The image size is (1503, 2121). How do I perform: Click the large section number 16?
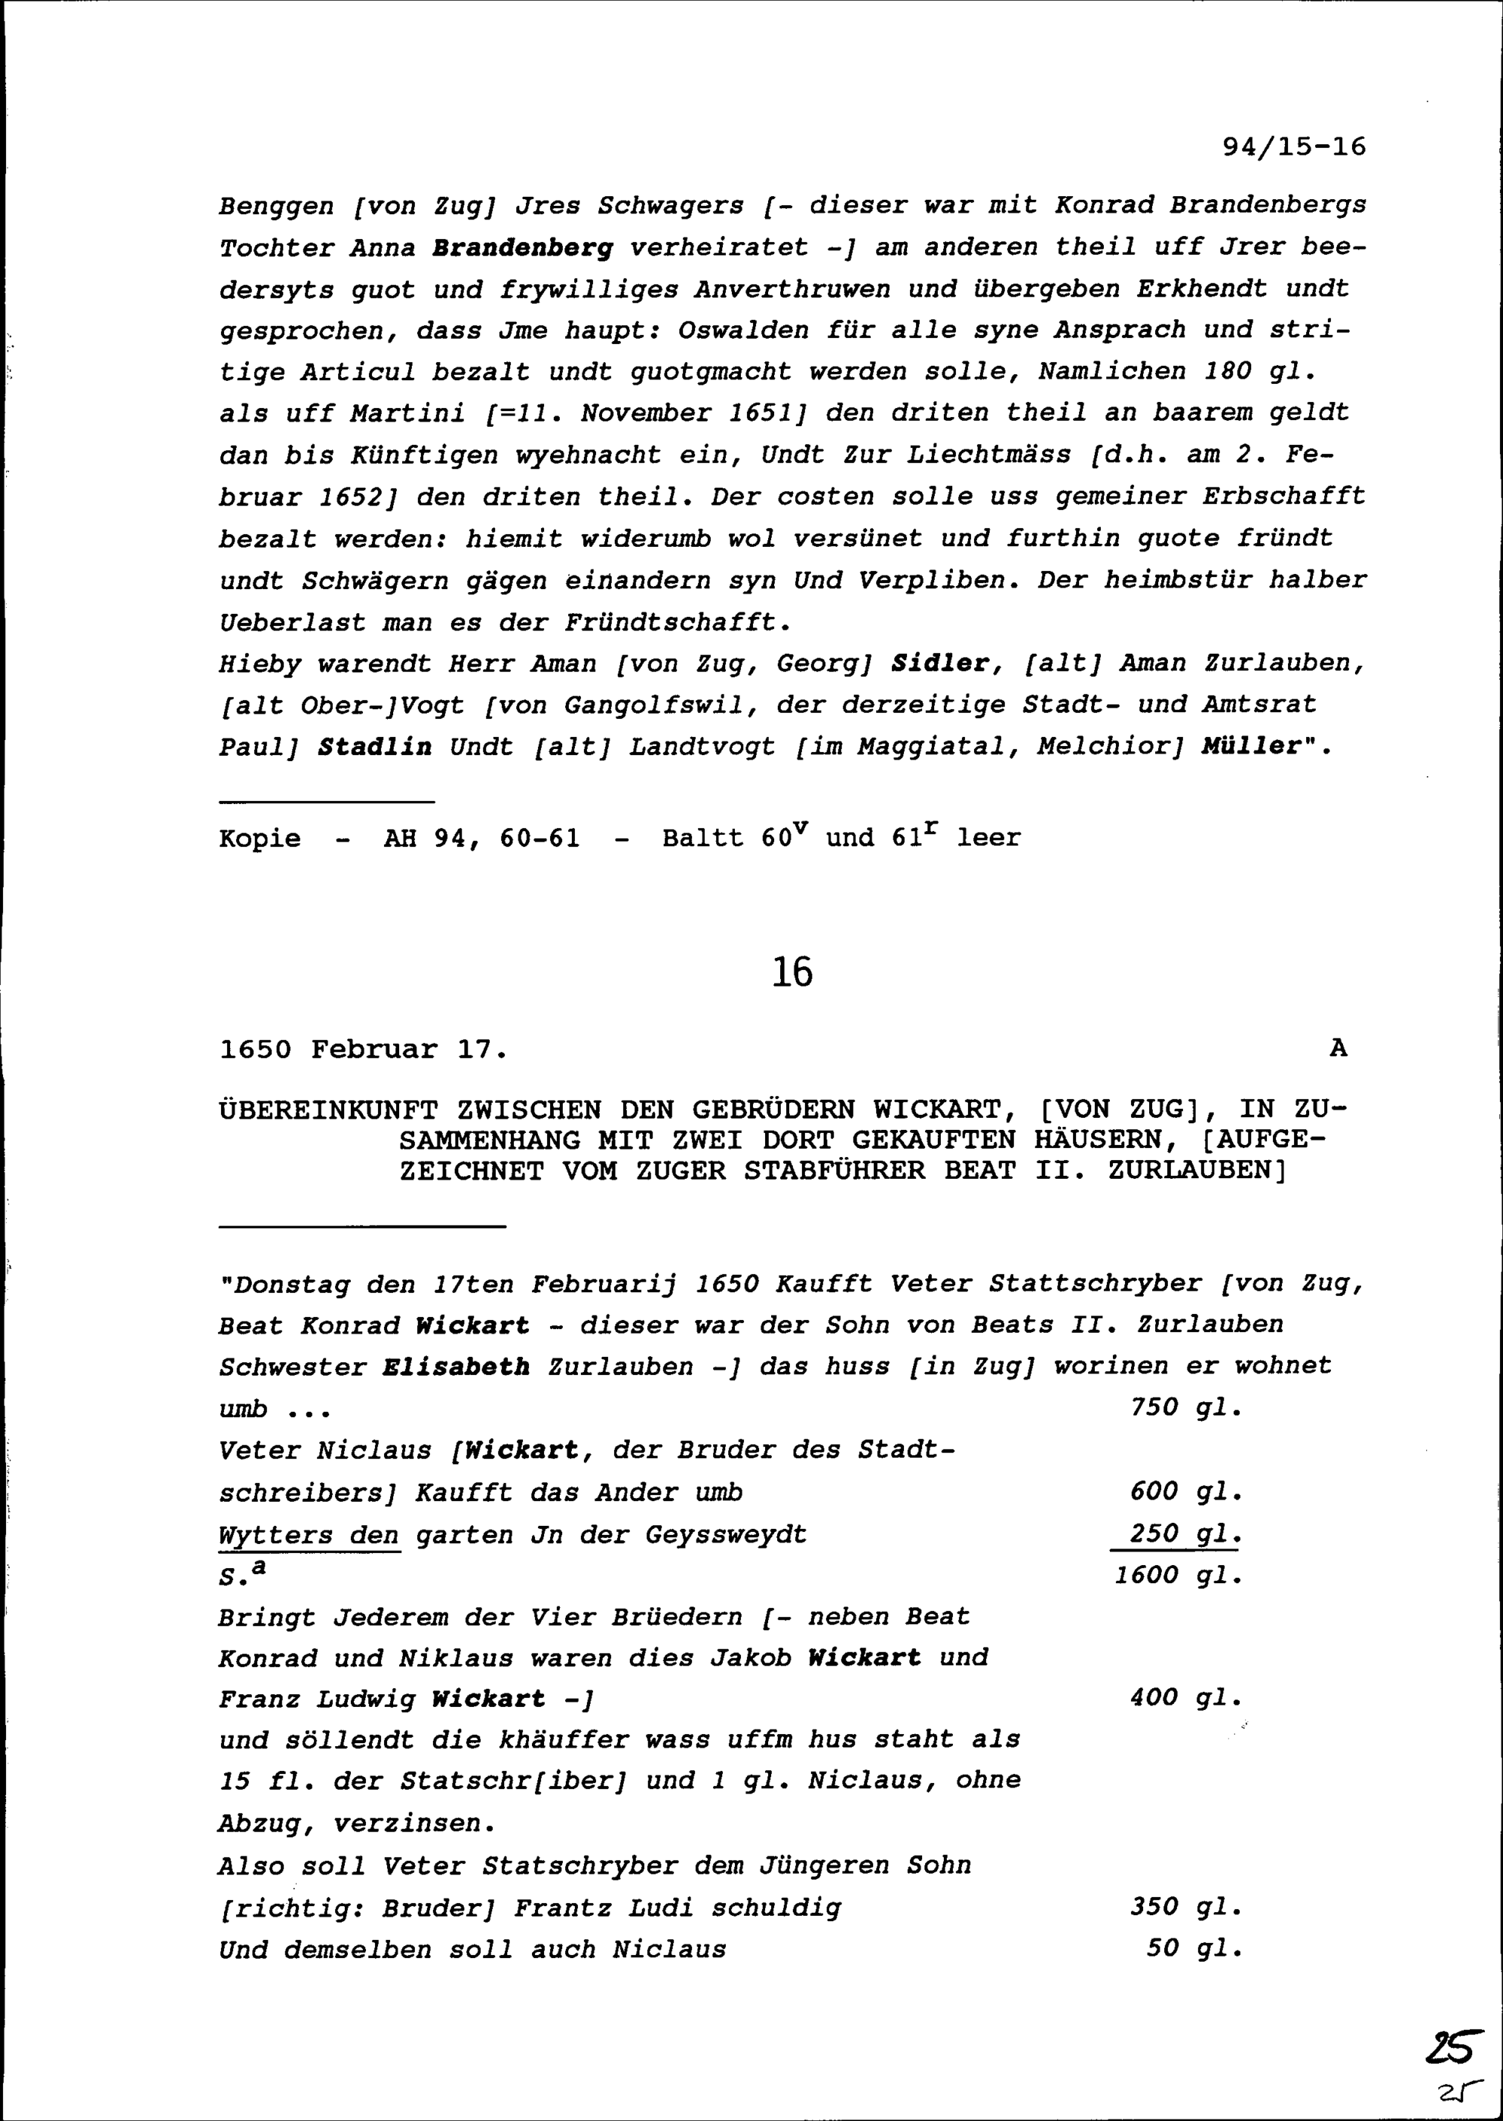[791, 972]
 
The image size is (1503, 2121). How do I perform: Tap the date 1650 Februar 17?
[363, 1050]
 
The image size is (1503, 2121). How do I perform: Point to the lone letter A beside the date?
[1338, 1048]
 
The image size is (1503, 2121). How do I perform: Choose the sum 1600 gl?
[1178, 1575]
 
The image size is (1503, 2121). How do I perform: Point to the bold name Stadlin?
[375, 747]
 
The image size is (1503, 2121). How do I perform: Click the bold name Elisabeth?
[456, 1366]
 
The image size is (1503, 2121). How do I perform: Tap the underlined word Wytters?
[276, 1534]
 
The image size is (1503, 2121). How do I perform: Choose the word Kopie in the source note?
[260, 838]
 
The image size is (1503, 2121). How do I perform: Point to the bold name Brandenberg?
[522, 248]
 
